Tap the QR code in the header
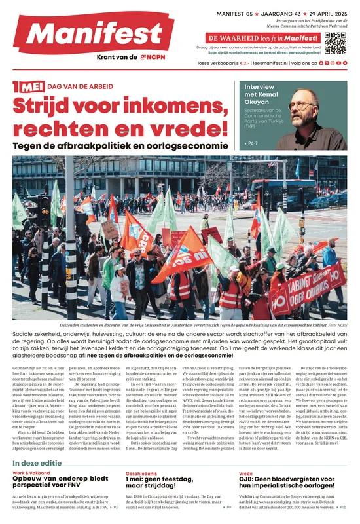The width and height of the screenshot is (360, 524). coord(334,43)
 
